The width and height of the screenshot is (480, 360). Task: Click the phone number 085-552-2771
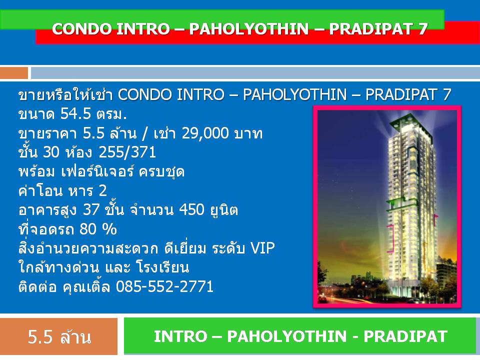coord(164,287)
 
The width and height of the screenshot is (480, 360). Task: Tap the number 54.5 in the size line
coord(76,114)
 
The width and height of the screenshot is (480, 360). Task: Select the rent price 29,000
coord(205,133)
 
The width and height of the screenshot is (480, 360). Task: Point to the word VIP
coord(262,248)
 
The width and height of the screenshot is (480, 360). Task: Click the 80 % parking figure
coord(98,229)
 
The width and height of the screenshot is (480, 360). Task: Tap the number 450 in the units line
coord(191,210)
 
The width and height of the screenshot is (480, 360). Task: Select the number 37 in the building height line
coord(91,210)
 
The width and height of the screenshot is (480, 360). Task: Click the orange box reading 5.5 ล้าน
coord(59,336)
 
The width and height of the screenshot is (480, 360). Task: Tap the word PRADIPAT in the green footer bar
coord(405,336)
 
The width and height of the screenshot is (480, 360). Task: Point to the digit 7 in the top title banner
coord(422,29)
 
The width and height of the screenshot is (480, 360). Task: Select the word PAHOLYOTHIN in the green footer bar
coord(286,336)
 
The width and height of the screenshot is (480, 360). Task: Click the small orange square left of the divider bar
coord(14,73)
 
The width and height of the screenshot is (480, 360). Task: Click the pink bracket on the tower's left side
coord(391,238)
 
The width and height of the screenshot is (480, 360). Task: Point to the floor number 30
coord(51,152)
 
